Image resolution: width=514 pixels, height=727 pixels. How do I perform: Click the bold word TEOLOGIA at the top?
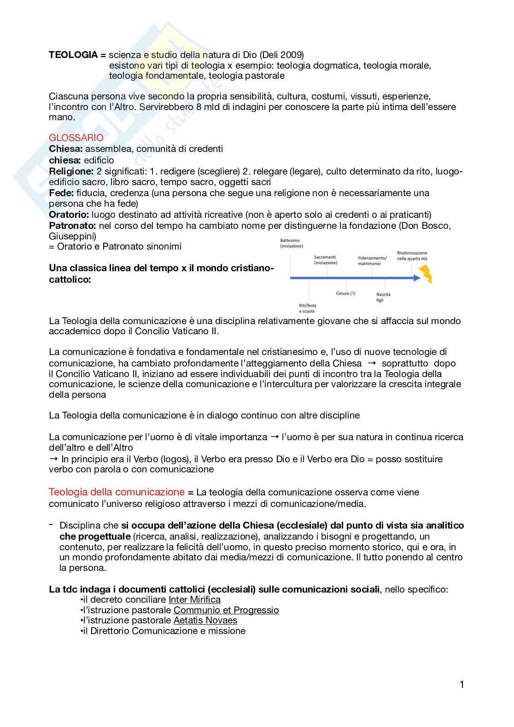click(x=73, y=55)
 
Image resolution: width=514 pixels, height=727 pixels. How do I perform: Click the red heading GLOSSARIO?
click(x=76, y=138)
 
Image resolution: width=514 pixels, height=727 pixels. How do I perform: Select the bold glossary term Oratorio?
click(x=69, y=215)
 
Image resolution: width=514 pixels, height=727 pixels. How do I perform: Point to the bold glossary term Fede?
click(x=61, y=193)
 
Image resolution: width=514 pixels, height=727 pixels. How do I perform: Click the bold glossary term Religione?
click(x=71, y=171)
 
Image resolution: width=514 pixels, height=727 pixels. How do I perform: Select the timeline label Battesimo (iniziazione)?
click(x=291, y=243)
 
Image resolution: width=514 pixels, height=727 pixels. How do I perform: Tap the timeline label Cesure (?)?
click(x=345, y=293)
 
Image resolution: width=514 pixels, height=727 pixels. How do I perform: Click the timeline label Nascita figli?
click(x=383, y=297)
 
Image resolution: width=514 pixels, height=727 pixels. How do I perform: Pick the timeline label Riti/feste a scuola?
click(x=307, y=308)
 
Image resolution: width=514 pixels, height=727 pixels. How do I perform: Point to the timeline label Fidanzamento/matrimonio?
click(x=372, y=261)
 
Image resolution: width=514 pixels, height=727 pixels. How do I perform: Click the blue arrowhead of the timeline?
click(x=417, y=278)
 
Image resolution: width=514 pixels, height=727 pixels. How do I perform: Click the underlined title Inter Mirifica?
click(x=194, y=599)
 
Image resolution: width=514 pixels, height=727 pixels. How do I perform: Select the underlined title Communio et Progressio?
click(x=226, y=610)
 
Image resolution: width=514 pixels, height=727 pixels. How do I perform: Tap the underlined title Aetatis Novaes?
click(x=205, y=620)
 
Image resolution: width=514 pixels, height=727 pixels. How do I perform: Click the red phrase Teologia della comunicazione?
click(x=117, y=492)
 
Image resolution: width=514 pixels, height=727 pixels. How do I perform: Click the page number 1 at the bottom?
click(x=461, y=685)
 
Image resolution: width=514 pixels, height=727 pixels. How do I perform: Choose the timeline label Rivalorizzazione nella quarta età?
click(x=412, y=256)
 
